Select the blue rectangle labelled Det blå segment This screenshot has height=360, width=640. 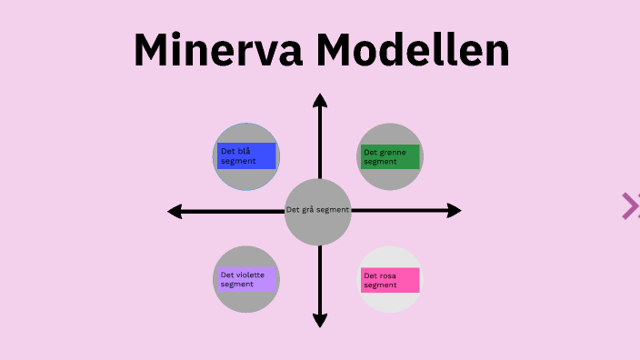click(x=246, y=155)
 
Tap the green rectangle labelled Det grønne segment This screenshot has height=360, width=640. click(x=390, y=156)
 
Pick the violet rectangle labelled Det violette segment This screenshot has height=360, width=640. click(x=246, y=279)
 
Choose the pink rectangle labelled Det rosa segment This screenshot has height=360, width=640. click(x=390, y=280)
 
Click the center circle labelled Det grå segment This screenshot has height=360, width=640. click(x=318, y=212)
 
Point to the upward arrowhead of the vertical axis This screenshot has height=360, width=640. click(x=319, y=99)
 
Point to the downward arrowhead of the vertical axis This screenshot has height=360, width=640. click(x=319, y=320)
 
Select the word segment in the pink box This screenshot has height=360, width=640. click(x=380, y=285)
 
